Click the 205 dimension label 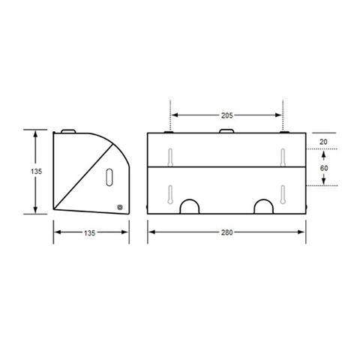point(226,115)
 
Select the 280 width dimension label point(226,232)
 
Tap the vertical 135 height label point(36,172)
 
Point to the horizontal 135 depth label point(90,233)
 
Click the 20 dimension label point(323,142)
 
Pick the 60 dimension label point(324,168)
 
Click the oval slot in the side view point(109,177)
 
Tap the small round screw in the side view point(120,207)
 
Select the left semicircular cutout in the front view point(190,200)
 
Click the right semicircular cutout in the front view point(264,200)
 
